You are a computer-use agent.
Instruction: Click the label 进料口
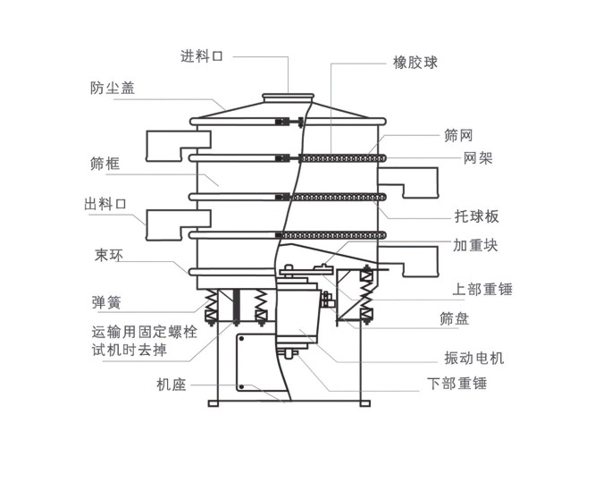click(201, 56)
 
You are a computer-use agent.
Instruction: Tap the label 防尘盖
click(113, 89)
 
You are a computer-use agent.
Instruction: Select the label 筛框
click(105, 164)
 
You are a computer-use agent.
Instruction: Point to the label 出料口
click(105, 205)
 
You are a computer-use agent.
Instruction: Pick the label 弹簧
click(105, 301)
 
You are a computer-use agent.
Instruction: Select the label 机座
click(171, 385)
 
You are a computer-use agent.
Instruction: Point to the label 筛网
click(458, 136)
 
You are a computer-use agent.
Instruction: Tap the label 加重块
click(475, 244)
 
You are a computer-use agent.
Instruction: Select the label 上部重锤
click(482, 289)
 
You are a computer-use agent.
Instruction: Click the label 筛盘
click(455, 318)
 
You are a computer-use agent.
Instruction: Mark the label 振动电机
click(474, 358)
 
